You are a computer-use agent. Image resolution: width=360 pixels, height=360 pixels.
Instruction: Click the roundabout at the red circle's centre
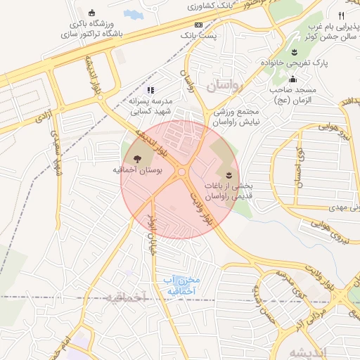(x=181, y=172)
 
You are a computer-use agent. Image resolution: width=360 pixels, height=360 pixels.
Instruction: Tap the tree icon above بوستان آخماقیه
(x=136, y=158)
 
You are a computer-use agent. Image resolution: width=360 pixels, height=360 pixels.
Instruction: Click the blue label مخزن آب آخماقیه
(x=180, y=285)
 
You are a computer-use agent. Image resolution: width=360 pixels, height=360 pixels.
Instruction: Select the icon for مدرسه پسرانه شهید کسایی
(x=150, y=90)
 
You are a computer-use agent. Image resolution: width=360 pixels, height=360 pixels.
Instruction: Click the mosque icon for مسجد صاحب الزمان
(x=292, y=79)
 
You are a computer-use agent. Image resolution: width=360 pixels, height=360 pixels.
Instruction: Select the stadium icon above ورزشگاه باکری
(x=92, y=12)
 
